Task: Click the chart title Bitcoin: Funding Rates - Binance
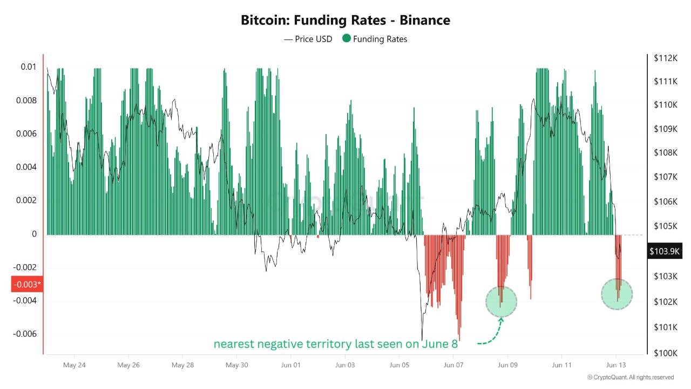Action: click(x=345, y=21)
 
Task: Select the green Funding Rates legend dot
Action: click(x=347, y=38)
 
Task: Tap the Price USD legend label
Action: click(x=314, y=39)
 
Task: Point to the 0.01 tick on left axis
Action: click(x=29, y=67)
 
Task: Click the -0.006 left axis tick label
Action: click(x=25, y=334)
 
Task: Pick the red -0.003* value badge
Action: click(x=26, y=284)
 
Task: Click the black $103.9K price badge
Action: click(x=665, y=251)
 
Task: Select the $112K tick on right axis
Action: click(x=665, y=58)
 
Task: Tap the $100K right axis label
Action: click(x=665, y=353)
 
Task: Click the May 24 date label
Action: click(x=74, y=365)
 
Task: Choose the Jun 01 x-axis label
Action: click(x=290, y=365)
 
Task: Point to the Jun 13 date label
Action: click(x=615, y=365)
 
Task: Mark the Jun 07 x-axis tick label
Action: click(x=453, y=365)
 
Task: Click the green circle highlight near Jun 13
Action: click(x=617, y=294)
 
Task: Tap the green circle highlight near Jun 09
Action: click(x=501, y=301)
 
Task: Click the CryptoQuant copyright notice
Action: click(x=631, y=377)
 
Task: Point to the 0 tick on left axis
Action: click(x=34, y=234)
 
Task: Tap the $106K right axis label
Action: click(x=665, y=202)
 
